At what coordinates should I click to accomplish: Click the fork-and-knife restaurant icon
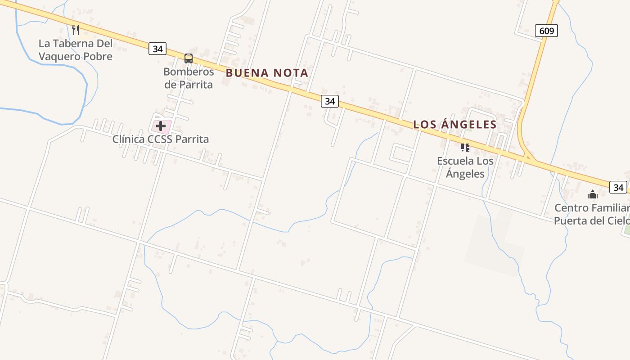[x=76, y=30]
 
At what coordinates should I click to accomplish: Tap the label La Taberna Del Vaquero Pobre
[x=75, y=50]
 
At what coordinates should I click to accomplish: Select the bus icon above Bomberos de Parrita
[x=189, y=58]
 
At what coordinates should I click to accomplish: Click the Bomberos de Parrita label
[x=189, y=78]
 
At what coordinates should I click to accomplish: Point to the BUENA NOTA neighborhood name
[x=267, y=73]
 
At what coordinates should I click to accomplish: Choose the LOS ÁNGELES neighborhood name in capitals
[x=454, y=125]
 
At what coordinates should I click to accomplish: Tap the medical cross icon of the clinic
[x=161, y=126]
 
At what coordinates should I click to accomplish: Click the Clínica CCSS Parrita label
[x=161, y=139]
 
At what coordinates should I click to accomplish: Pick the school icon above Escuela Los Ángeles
[x=465, y=147]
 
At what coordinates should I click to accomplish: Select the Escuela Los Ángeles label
[x=465, y=167]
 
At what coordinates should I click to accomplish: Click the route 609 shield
[x=546, y=31]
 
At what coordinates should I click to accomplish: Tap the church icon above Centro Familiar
[x=593, y=194]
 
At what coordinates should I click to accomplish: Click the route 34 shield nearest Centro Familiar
[x=618, y=187]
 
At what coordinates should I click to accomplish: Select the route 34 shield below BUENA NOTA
[x=330, y=101]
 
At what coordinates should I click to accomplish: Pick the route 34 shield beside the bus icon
[x=157, y=49]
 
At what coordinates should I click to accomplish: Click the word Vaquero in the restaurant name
[x=63, y=57]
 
